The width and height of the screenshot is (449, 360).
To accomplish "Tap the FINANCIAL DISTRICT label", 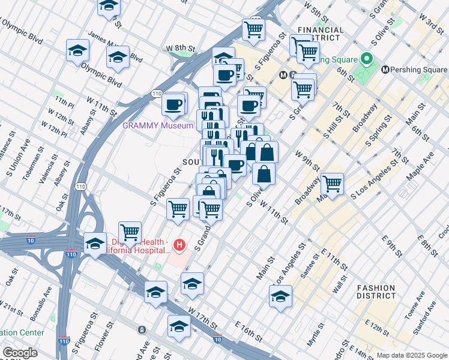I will [321, 34].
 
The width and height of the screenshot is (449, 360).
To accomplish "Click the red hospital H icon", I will [179, 245].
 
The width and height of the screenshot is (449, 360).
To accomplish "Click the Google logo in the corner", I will [20, 353].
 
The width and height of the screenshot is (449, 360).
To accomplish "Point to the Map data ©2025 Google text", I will [411, 355].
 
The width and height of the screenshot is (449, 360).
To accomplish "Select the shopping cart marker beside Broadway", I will [331, 184].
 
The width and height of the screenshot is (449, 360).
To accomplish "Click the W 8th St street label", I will [181, 48].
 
